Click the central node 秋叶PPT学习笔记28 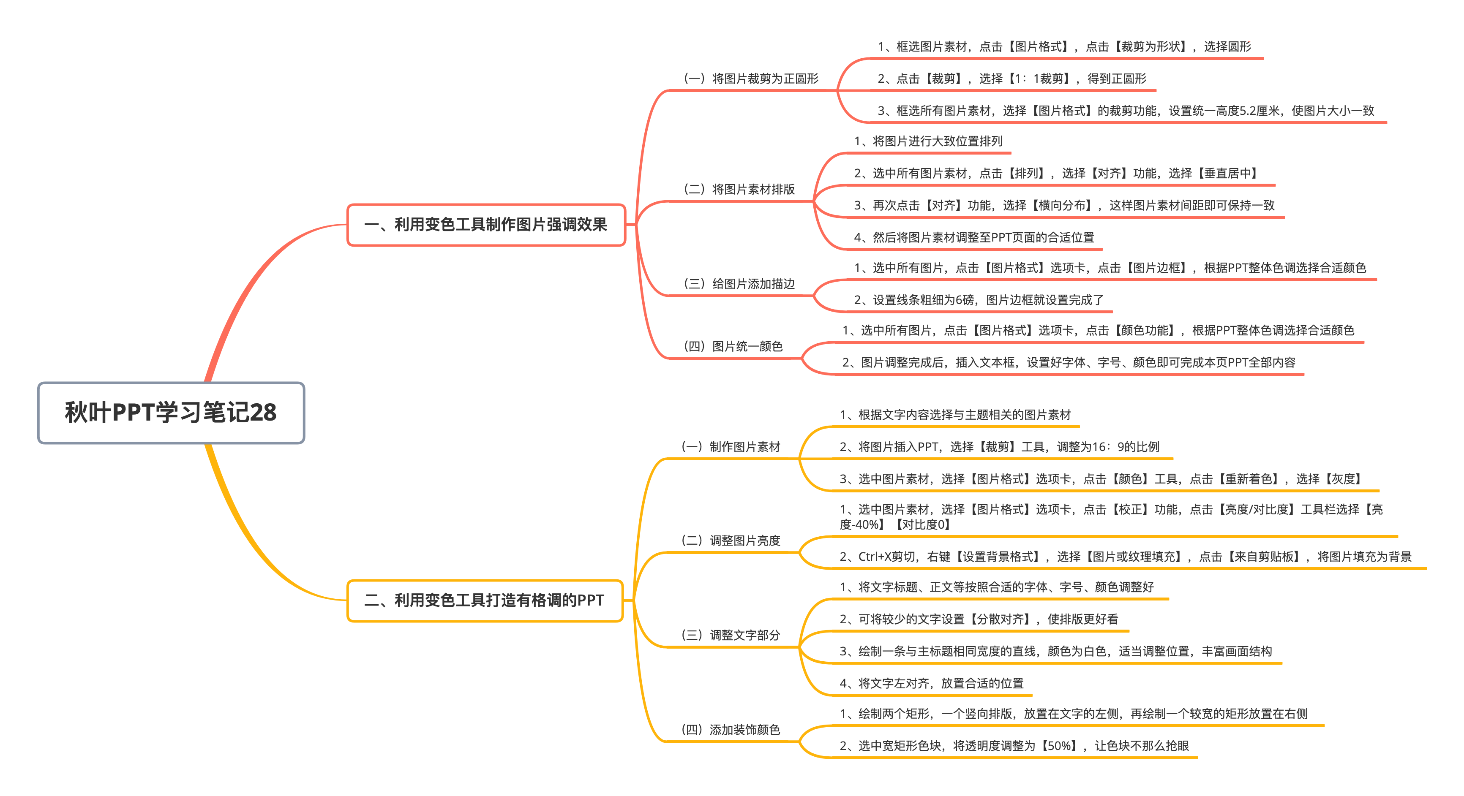point(171,413)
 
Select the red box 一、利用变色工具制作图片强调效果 point(486,225)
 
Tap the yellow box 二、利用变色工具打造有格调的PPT point(485,600)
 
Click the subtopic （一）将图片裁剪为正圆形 point(751,79)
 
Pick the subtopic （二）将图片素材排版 point(739,189)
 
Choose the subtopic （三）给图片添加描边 point(739,283)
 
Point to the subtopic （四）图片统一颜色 point(733,346)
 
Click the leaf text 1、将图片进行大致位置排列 point(928,141)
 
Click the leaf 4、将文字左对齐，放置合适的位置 point(932,683)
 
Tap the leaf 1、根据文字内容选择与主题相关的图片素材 point(955,415)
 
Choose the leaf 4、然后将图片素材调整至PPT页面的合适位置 point(974,237)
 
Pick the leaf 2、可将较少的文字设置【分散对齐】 point(937,619)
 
